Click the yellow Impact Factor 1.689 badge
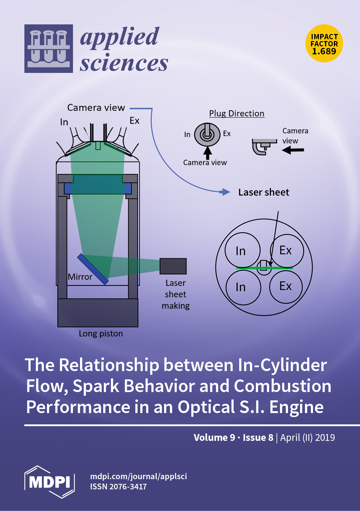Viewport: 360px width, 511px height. (x=324, y=44)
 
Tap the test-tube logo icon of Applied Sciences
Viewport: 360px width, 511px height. (x=49, y=49)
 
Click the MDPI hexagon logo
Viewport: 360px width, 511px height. (x=49, y=482)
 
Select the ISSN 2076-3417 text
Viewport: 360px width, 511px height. (x=118, y=487)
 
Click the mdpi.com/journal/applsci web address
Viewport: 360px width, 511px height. (x=138, y=476)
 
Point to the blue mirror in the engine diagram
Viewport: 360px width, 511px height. (x=93, y=269)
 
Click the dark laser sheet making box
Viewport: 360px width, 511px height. (x=173, y=266)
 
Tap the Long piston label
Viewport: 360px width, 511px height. (x=101, y=334)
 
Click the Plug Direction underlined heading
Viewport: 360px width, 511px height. (x=237, y=113)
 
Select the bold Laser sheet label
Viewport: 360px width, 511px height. (x=264, y=192)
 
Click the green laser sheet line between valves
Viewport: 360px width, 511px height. (x=247, y=268)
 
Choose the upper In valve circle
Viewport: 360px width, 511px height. (x=243, y=250)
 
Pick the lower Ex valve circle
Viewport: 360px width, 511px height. (x=286, y=287)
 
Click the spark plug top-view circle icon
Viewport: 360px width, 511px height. (x=207, y=134)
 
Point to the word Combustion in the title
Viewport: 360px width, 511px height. (x=282, y=386)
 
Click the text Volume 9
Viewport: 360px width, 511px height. (x=214, y=437)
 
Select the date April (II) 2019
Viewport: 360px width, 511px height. (x=307, y=437)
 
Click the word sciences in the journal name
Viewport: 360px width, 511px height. (x=124, y=63)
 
